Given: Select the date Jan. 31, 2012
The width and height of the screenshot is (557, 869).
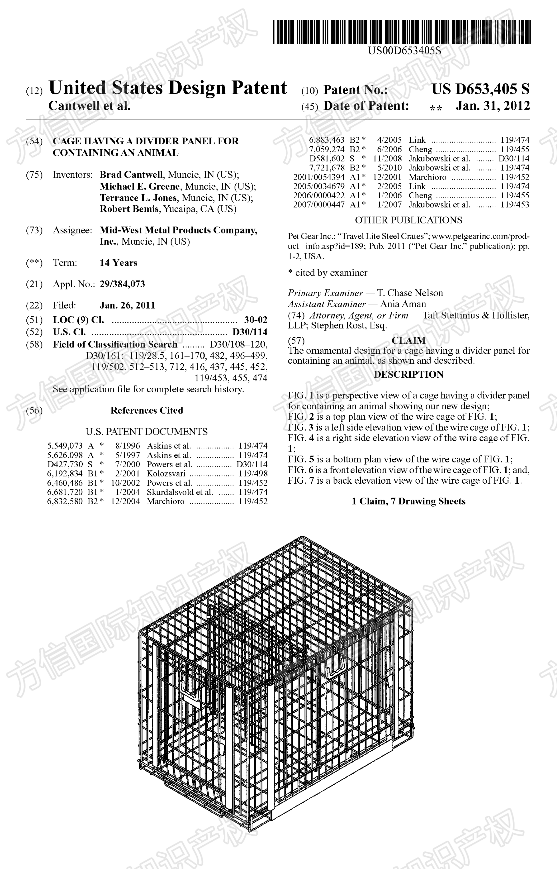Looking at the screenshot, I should coord(493,106).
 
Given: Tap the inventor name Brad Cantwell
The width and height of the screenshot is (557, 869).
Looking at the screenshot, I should coord(131,175).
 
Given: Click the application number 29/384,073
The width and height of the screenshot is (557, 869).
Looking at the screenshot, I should coord(122,284).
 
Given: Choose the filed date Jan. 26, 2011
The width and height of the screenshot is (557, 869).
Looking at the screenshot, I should coord(127,305).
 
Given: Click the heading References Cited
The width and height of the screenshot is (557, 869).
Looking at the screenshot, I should coord(147,410).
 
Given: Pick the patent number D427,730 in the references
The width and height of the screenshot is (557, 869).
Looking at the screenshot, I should coord(65,464).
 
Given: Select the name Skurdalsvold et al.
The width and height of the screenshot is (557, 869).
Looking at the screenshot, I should coord(180,492).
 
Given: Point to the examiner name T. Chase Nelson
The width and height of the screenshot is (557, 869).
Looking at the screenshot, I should coord(410,293).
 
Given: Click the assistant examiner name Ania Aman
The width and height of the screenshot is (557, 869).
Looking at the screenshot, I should coord(403,304).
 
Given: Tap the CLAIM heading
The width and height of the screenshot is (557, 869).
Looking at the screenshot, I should coord(408,341).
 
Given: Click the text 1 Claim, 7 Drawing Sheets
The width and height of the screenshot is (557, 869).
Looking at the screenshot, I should coord(408,501).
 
